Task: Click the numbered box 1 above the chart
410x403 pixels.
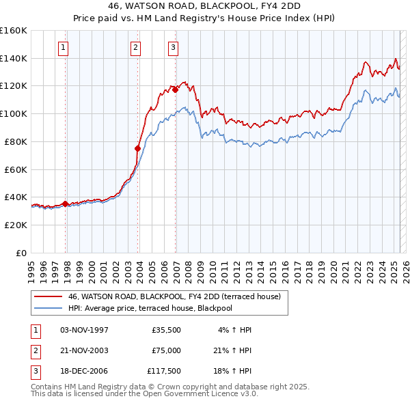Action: point(63,47)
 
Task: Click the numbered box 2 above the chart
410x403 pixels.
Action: point(135,47)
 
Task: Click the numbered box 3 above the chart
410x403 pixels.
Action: point(173,47)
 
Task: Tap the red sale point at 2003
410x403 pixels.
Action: point(138,148)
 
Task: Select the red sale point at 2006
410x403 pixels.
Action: point(176,89)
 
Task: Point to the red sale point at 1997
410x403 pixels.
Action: point(66,203)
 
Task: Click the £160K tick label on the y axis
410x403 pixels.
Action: point(14,31)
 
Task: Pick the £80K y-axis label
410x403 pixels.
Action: point(16,141)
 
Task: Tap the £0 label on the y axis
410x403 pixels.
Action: point(21,252)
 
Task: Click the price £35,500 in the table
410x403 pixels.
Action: point(166,330)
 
